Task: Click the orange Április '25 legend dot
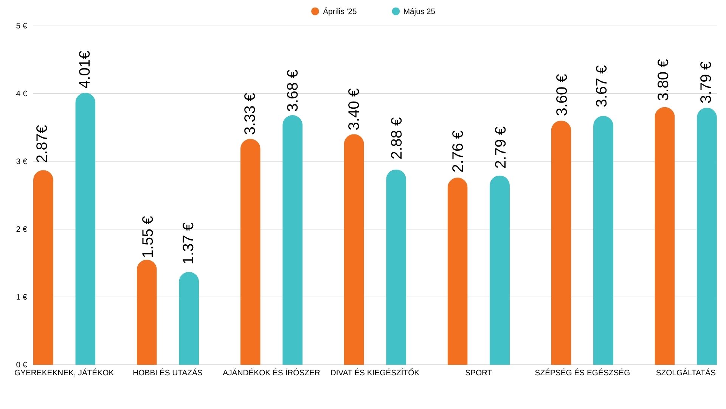tap(315, 11)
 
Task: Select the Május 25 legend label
tap(419, 11)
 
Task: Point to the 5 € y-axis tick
tap(22, 26)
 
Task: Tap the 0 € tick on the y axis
tap(22, 365)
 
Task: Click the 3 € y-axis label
tap(22, 161)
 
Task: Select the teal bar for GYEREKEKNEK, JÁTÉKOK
tap(85, 231)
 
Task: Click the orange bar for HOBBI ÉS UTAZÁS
tap(147, 314)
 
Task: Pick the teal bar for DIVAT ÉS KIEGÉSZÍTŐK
tap(396, 269)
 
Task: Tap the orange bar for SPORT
tap(458, 273)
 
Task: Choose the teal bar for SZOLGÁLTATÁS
tap(707, 239)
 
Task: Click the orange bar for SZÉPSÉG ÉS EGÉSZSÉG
tap(561, 244)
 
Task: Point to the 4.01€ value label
tap(85, 69)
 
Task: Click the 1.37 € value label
tap(188, 243)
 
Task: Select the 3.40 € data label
tap(354, 109)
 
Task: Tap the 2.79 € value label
tap(500, 147)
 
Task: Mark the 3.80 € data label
tap(663, 80)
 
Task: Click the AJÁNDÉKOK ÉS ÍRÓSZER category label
tap(271, 373)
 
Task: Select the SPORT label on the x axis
tap(478, 373)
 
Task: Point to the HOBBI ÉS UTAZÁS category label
tap(168, 373)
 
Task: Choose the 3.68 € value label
tap(293, 90)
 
